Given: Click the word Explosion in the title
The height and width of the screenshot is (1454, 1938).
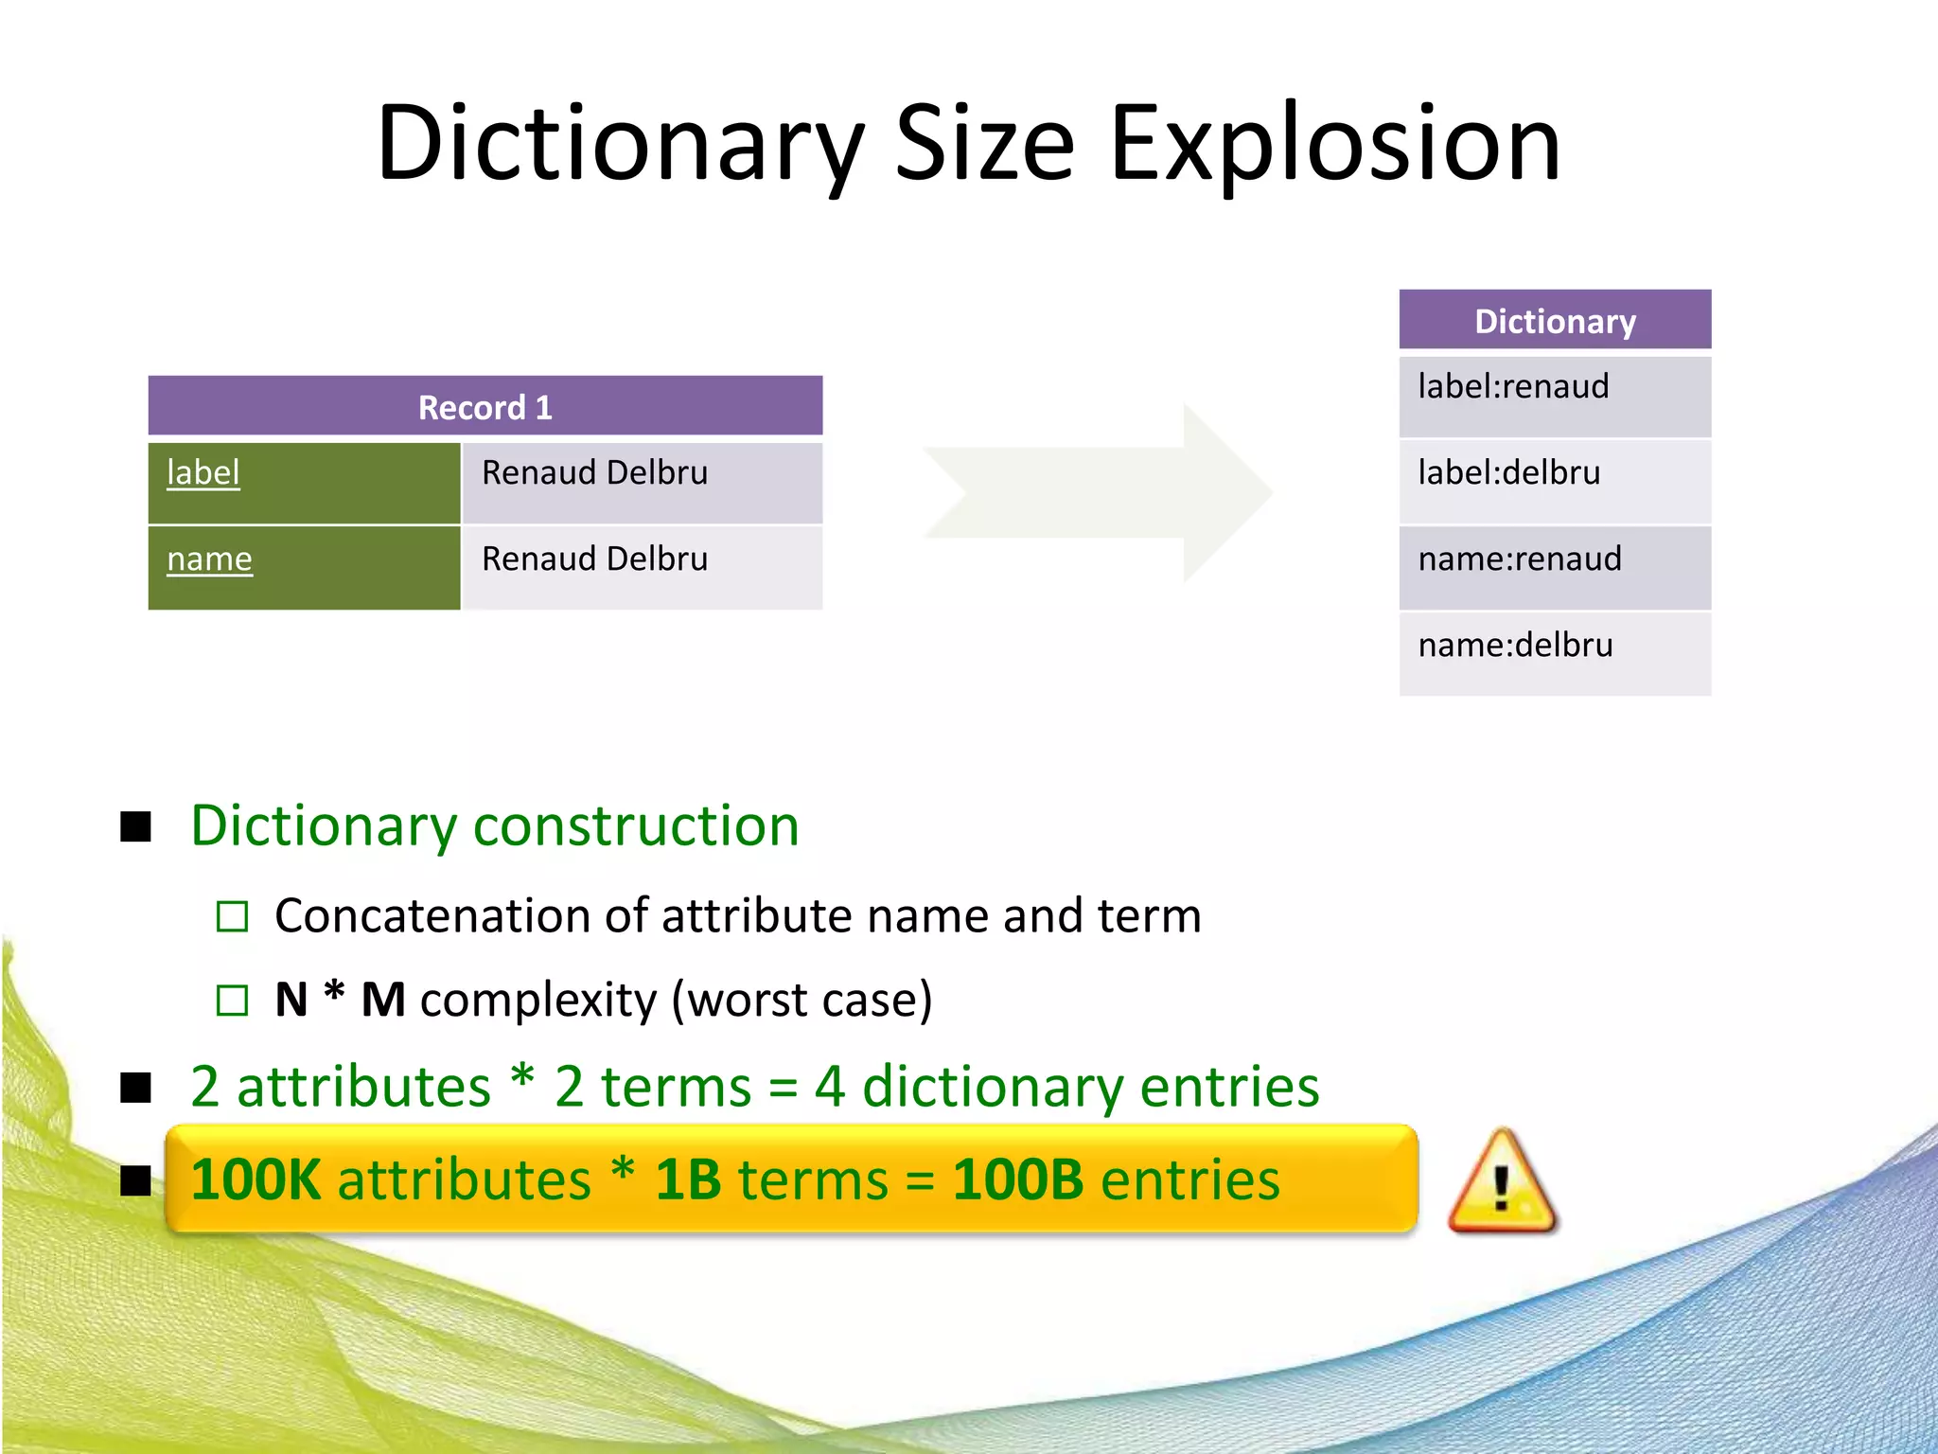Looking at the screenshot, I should click(x=1334, y=144).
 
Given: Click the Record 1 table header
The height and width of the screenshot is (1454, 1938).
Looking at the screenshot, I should click(x=484, y=407).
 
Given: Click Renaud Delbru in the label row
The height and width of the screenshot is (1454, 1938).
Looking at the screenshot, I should click(x=594, y=472).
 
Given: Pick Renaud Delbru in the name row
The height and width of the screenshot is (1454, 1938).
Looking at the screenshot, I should click(x=594, y=559).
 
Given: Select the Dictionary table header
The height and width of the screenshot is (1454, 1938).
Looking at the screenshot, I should click(x=1555, y=321).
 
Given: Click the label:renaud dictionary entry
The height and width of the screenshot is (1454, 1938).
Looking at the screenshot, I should click(x=1513, y=387).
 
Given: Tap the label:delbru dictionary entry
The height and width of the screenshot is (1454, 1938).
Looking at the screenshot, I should click(x=1509, y=473).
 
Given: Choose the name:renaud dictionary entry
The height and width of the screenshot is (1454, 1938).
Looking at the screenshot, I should click(x=1520, y=559).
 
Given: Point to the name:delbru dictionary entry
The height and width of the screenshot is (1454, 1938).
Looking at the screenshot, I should click(x=1515, y=646).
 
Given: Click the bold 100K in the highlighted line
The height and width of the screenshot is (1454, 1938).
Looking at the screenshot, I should click(x=255, y=1180).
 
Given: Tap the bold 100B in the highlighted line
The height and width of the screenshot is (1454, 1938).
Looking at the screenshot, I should click(x=1017, y=1180).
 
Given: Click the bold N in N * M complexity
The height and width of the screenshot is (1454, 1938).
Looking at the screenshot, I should click(x=291, y=1000).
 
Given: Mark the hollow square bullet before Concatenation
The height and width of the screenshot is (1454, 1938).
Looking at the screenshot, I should click(x=232, y=916).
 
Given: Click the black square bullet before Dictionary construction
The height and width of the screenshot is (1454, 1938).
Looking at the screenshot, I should click(x=136, y=826).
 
